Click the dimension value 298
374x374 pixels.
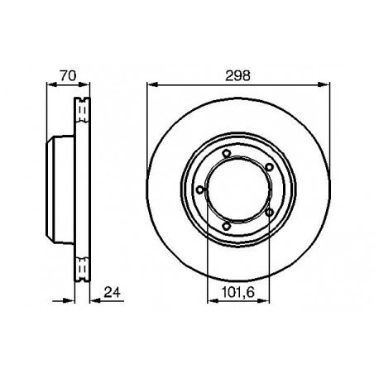[237, 75]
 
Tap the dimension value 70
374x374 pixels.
[68, 75]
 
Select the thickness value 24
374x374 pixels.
[112, 293]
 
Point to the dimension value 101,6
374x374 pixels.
[237, 293]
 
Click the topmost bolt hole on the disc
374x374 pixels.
[227, 153]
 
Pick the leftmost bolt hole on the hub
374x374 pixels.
[200, 189]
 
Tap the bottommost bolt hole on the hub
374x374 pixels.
[227, 226]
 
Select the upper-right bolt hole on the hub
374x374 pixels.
[269, 167]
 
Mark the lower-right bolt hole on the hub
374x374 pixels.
[269, 212]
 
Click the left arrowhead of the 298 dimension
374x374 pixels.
[152, 84]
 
